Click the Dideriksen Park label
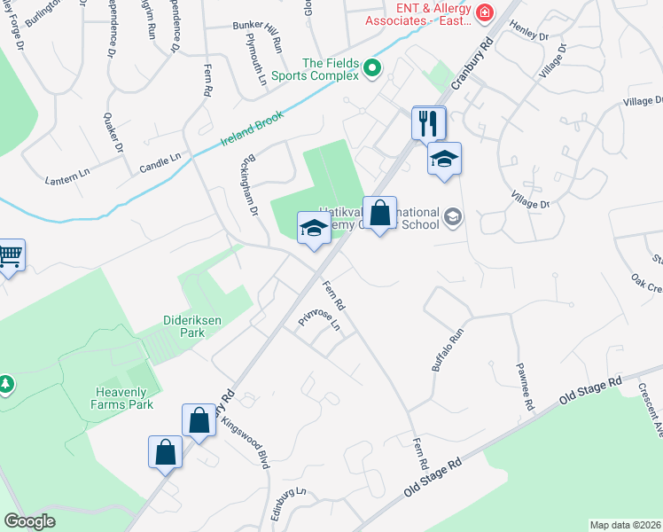171,325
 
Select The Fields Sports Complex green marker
372,67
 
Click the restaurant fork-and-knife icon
429,121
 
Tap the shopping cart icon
9,255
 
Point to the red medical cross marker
485,12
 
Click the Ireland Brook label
252,130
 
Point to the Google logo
29,520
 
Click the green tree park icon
6,383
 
